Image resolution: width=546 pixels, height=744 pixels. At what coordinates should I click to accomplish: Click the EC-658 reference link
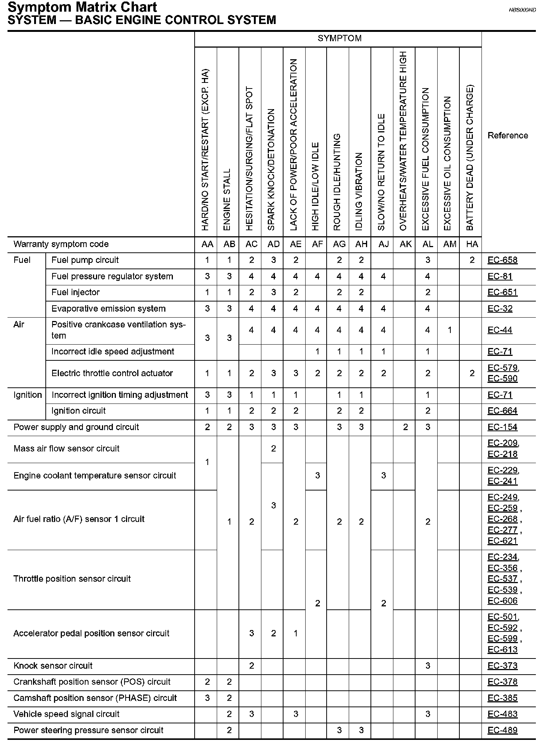coord(502,260)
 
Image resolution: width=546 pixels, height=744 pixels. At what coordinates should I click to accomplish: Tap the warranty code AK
coord(405,244)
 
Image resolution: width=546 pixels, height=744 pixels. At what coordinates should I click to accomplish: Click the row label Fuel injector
coord(75,292)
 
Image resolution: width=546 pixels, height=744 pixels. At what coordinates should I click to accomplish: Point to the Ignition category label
coord(27,395)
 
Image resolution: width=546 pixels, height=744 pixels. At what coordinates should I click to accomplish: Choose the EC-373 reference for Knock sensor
coord(502,666)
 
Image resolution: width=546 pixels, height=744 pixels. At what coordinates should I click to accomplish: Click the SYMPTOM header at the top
coord(339,38)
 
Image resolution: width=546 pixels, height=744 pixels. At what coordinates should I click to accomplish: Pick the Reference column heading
coord(507,135)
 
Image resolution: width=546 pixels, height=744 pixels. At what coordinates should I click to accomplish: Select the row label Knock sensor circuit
coord(53,666)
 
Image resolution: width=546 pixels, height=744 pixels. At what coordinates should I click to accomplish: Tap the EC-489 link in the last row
coord(502,730)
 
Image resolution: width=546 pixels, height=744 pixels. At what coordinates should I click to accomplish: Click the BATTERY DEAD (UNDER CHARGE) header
coord(470,157)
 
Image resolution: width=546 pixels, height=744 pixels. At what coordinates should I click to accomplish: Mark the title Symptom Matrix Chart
coord(82,7)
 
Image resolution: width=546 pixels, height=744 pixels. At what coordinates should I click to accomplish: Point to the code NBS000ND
coord(522,10)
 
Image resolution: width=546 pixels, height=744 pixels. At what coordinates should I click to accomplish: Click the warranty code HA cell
coord(472,244)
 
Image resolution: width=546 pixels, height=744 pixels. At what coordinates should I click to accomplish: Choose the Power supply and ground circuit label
coord(76,427)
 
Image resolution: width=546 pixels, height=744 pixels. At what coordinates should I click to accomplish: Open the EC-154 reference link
coord(502,427)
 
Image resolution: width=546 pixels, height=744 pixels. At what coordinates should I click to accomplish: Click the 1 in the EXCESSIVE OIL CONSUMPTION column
coord(450,330)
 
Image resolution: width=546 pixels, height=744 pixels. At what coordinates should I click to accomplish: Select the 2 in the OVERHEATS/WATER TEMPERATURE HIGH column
coord(405,427)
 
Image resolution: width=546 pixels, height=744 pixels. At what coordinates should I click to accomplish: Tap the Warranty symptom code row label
coord(61,244)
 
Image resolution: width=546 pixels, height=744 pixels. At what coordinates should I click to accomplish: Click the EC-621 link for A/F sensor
coord(502,541)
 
